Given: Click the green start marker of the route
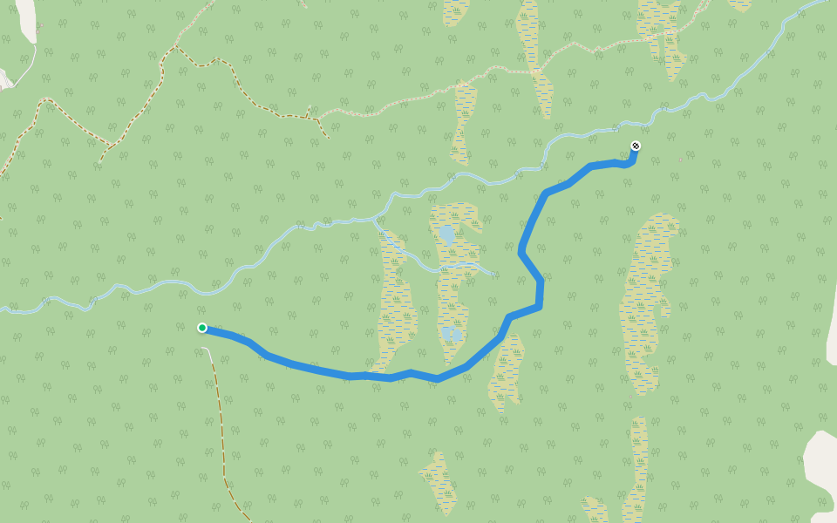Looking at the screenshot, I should [x=202, y=328].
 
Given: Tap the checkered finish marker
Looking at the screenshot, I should [x=636, y=146].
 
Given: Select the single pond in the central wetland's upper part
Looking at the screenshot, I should [x=446, y=234].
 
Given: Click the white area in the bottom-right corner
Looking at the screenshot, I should [x=821, y=471].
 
